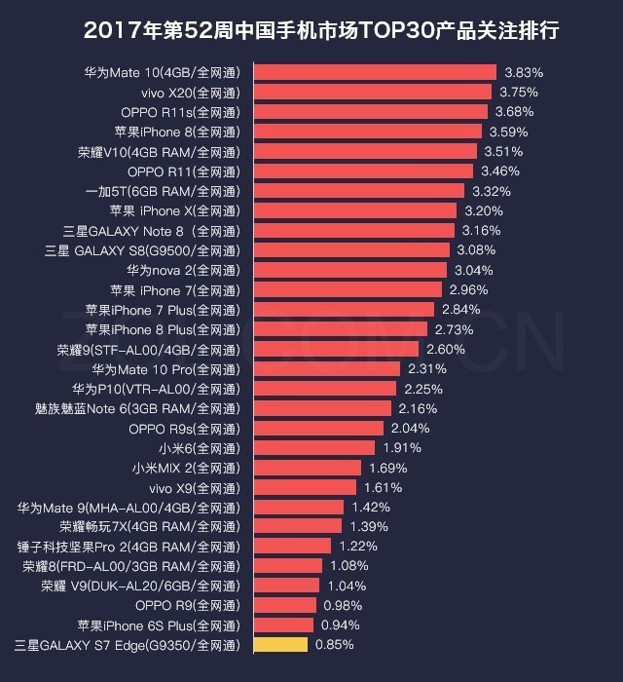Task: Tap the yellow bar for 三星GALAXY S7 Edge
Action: [280, 645]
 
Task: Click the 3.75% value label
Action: [518, 93]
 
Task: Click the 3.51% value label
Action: [503, 152]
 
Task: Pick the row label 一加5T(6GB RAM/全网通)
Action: [162, 191]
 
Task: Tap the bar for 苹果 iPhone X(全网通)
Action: [355, 210]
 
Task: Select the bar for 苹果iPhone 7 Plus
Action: [344, 310]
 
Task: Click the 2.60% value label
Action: [445, 349]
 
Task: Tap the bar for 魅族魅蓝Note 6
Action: [322, 408]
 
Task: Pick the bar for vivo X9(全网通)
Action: [308, 487]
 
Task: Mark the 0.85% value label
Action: [334, 645]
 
